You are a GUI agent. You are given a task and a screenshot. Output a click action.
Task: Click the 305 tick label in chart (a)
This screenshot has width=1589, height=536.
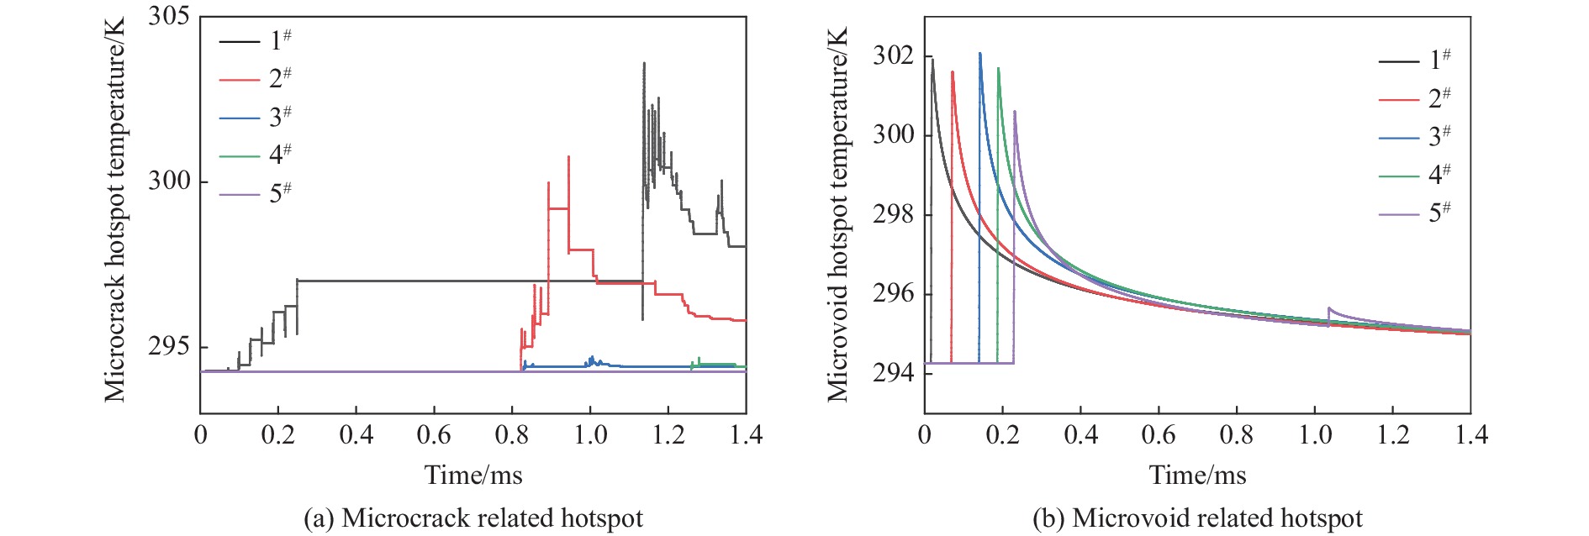pyautogui.click(x=168, y=17)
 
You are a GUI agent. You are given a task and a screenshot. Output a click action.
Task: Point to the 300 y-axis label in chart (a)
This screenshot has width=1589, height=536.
pyautogui.click(x=168, y=181)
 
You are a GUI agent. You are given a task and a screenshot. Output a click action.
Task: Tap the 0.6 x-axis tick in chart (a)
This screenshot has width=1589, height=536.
pyautogui.click(x=434, y=434)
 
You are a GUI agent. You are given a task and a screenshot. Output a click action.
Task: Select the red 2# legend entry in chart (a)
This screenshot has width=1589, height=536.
pyautogui.click(x=256, y=79)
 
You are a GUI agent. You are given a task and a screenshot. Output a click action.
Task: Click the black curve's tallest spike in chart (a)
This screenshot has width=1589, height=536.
pyautogui.click(x=644, y=63)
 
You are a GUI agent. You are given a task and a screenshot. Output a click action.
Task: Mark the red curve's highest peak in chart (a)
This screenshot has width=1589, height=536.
pyautogui.click(x=568, y=157)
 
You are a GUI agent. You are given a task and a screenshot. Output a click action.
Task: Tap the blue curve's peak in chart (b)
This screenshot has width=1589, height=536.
pyautogui.click(x=979, y=54)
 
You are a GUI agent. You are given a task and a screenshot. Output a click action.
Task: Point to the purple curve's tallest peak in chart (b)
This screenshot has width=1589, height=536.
pyautogui.click(x=1015, y=112)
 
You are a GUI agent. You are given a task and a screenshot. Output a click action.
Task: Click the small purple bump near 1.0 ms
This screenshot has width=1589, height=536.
pyautogui.click(x=1329, y=308)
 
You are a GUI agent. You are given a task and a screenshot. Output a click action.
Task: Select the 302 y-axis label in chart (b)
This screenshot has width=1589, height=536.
pyautogui.click(x=893, y=56)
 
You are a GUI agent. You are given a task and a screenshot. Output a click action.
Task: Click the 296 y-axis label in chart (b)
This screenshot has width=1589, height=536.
pyautogui.click(x=893, y=294)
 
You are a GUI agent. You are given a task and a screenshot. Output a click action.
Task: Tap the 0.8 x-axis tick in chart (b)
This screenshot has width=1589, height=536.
pyautogui.click(x=1237, y=434)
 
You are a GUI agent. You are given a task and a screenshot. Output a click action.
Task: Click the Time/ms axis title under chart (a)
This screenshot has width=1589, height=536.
pyautogui.click(x=473, y=476)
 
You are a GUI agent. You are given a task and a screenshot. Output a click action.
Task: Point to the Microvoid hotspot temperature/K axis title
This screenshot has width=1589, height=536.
pyautogui.click(x=837, y=214)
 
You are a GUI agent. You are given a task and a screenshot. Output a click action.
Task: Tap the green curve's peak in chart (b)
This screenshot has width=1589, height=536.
pyautogui.click(x=998, y=68)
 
